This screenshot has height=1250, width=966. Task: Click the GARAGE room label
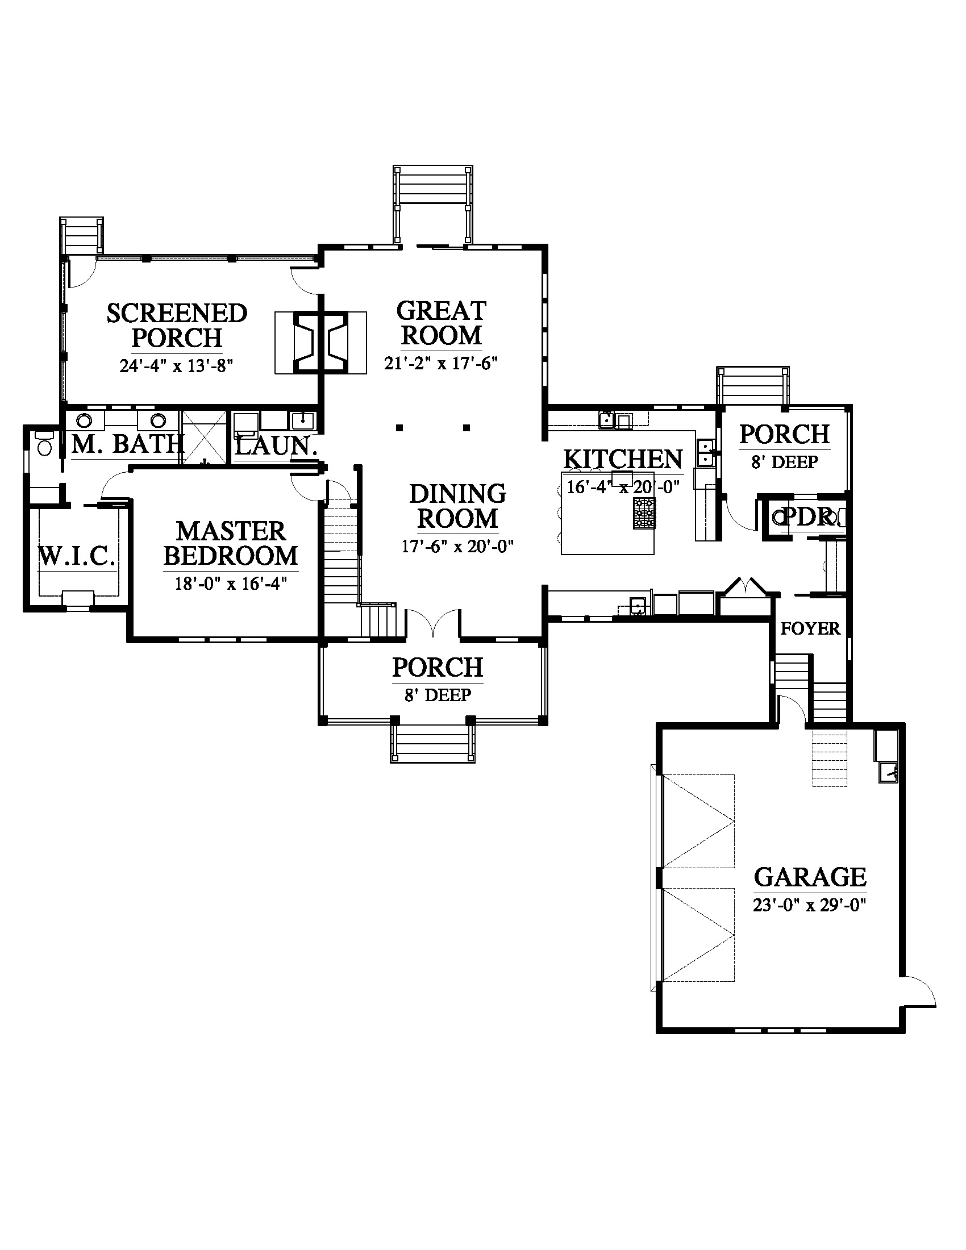[810, 877]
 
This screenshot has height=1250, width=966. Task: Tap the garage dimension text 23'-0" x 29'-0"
[810, 906]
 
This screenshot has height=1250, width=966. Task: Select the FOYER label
[810, 628]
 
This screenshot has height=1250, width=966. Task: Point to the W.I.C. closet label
[77, 556]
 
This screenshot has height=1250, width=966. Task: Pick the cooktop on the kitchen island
[644, 513]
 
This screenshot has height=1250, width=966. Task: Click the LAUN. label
[276, 445]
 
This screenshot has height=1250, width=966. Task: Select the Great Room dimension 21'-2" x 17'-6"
[440, 363]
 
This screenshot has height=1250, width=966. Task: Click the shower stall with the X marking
[205, 436]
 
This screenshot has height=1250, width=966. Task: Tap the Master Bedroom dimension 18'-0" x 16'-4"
[231, 583]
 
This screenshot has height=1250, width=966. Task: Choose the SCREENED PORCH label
[177, 325]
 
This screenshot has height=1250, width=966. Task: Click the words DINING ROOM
[458, 506]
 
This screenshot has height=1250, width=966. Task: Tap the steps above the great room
[432, 206]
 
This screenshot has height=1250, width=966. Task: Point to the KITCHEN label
[623, 459]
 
